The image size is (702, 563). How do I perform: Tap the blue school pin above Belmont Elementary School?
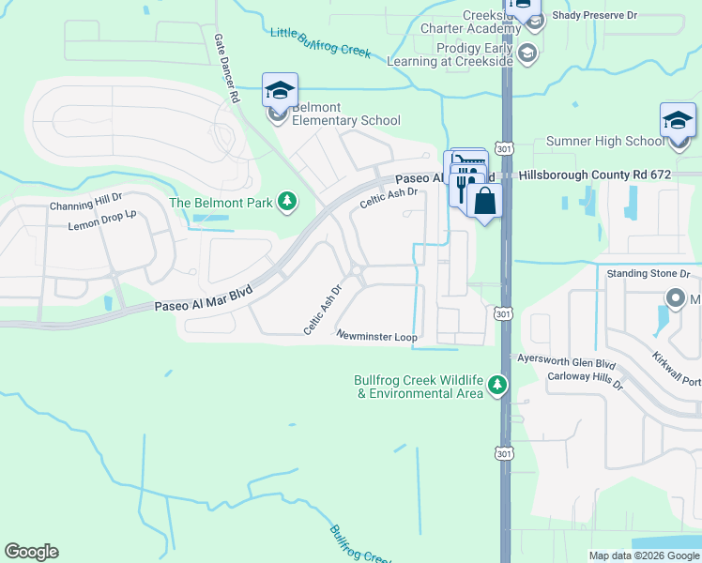280,91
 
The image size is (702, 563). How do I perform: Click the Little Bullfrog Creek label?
320,42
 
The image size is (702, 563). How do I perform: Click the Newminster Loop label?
376,336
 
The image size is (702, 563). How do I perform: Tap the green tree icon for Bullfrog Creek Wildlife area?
497,385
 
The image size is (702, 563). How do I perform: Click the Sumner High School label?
603,142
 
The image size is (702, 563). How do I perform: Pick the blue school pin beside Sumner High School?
678,121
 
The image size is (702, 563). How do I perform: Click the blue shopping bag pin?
484,202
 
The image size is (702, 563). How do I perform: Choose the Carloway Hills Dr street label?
585,377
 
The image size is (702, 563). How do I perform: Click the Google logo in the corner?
31,552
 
